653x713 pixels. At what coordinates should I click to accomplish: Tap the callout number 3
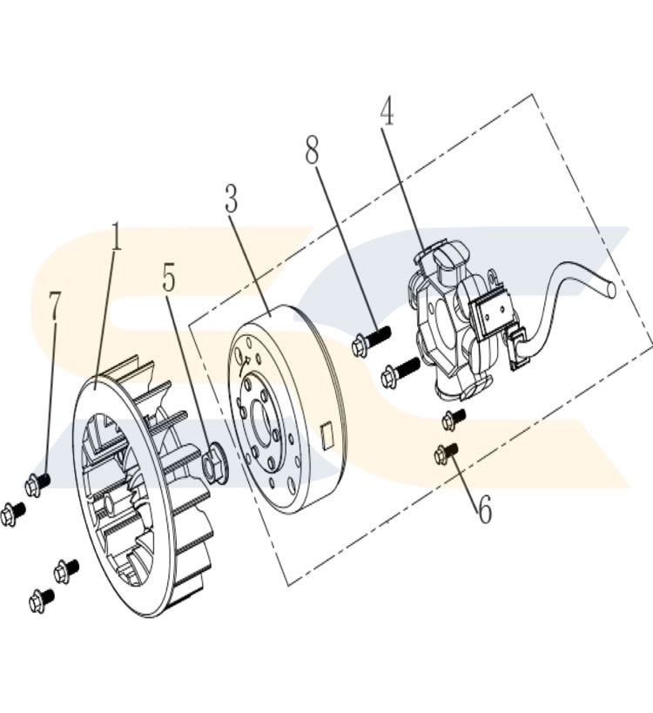[x=231, y=199]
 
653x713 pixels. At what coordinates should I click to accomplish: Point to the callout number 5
[x=169, y=278]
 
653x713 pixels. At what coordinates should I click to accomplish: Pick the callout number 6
[x=483, y=508]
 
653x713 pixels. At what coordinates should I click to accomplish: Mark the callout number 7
[x=55, y=308]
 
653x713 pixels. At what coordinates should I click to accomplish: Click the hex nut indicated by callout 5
[x=213, y=466]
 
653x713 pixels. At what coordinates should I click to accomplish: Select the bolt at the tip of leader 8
[x=370, y=340]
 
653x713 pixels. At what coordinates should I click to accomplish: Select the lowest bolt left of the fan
[x=41, y=599]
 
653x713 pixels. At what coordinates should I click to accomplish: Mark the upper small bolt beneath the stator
[x=453, y=419]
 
